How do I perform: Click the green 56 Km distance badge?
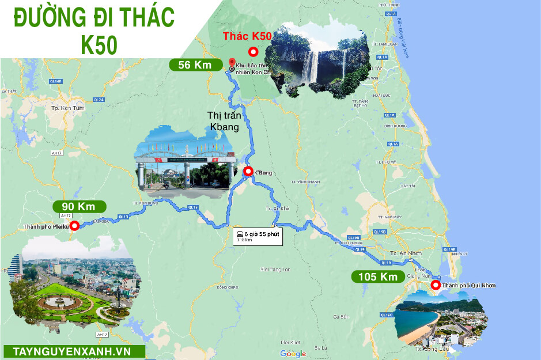(x=195, y=65)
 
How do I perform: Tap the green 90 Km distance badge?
(x=80, y=206)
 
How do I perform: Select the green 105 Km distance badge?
(x=377, y=277)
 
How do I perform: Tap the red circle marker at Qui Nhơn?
(x=436, y=285)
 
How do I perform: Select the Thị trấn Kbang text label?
(x=224, y=121)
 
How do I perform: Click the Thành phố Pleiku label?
(x=46, y=226)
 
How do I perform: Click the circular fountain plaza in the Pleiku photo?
(x=57, y=301)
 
